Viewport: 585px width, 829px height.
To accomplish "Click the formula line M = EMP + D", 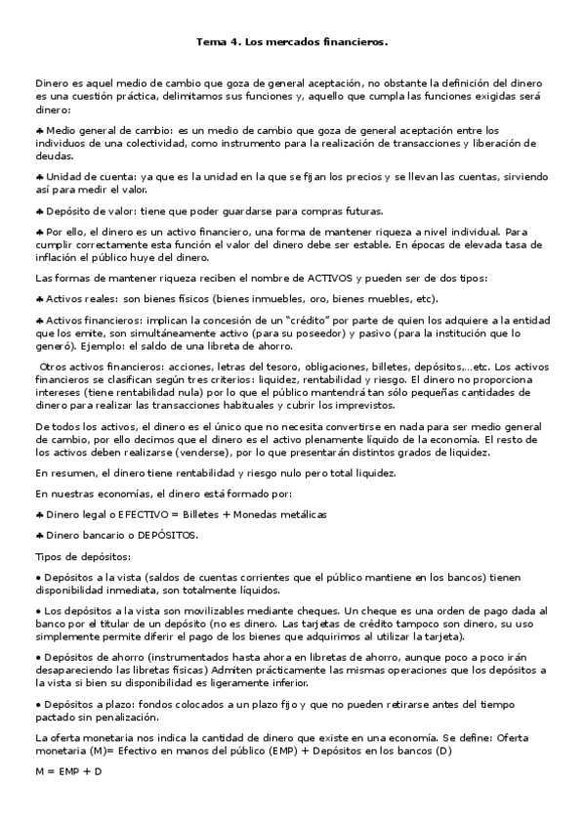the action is [68, 771].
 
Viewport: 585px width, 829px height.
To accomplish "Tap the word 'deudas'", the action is [53, 155].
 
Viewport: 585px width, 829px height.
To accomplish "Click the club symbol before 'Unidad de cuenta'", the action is [39, 176].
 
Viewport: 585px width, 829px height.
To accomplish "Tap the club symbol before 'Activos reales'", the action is [39, 298].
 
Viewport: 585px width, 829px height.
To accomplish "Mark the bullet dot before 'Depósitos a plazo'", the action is [38, 703].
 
